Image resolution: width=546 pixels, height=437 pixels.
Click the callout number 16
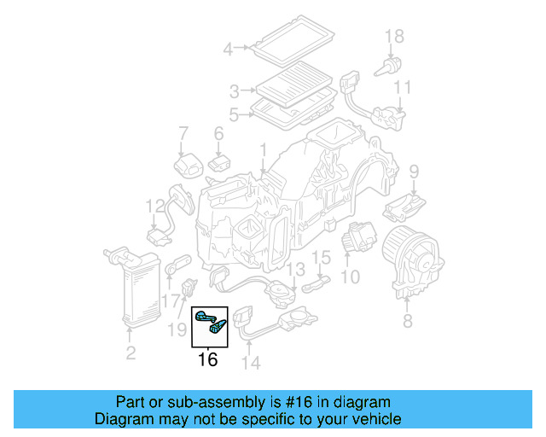[x=207, y=360]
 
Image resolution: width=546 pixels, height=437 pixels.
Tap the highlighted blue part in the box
[x=209, y=322]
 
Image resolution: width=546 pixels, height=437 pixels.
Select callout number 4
[x=228, y=50]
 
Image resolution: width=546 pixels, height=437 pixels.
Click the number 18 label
[x=393, y=36]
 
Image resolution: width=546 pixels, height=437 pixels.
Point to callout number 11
[x=403, y=87]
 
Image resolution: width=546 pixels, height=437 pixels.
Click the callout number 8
[x=407, y=322]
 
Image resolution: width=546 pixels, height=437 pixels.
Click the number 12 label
[x=154, y=206]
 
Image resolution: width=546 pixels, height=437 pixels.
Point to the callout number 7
[x=182, y=133]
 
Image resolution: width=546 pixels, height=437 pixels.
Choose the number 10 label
[x=350, y=277]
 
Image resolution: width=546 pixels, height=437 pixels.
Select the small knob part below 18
[x=394, y=65]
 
